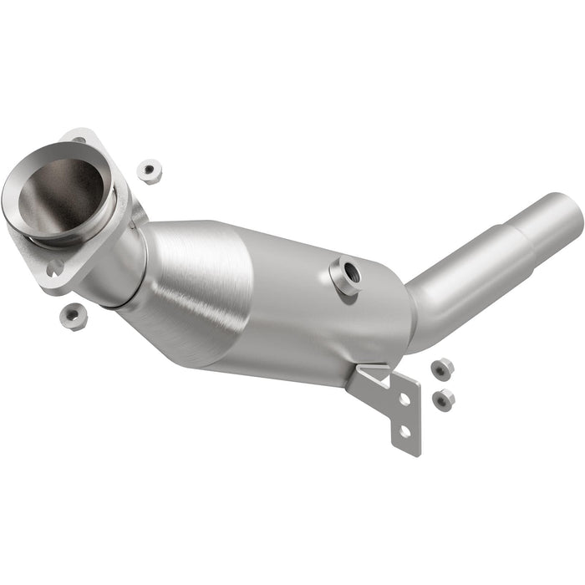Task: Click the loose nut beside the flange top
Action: click(x=149, y=171)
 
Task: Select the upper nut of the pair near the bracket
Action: click(x=443, y=368)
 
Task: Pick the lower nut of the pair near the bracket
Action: click(x=444, y=399)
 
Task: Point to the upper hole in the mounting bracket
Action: click(x=404, y=399)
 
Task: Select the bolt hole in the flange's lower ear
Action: click(x=55, y=268)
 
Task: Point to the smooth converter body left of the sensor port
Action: click(x=284, y=301)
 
